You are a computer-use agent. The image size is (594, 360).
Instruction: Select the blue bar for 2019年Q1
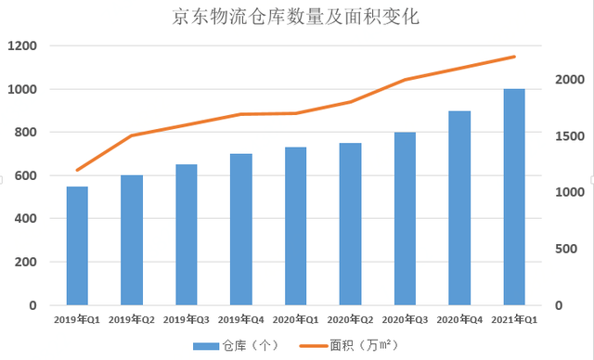pos(77,246)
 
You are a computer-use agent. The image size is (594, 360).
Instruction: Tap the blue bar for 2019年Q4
pos(241,229)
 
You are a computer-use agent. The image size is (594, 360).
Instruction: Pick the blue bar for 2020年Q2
pos(350,224)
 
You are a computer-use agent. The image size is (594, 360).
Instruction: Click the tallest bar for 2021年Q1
pos(513,197)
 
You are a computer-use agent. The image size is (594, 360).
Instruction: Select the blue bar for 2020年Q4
pos(459,208)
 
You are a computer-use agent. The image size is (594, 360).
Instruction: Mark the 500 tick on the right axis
pos(566,249)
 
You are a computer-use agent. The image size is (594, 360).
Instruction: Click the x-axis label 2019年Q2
pos(132,320)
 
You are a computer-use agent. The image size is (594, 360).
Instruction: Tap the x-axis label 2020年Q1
pos(296,320)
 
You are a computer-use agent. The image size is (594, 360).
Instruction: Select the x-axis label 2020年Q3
pos(405,320)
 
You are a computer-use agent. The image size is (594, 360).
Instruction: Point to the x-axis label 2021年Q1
pos(513,320)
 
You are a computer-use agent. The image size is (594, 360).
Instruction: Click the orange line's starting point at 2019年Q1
pos(77,170)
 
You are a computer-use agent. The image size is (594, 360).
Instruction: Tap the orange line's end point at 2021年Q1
pos(513,57)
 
